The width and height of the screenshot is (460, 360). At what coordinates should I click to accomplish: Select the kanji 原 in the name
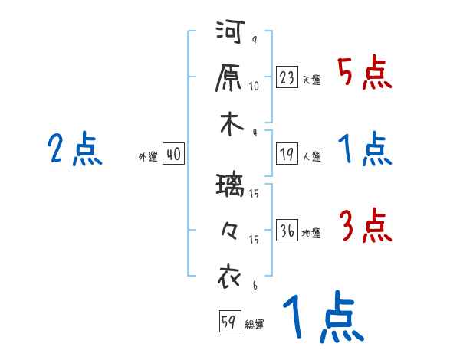coord(228,77)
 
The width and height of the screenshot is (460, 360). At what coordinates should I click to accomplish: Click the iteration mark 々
coord(228,229)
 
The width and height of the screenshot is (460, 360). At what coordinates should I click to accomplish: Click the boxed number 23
coord(287,77)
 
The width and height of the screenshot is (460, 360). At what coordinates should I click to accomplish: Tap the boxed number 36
coord(287,231)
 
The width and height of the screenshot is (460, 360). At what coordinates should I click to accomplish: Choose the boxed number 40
coord(173,155)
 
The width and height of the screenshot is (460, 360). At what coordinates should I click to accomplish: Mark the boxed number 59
coord(228,322)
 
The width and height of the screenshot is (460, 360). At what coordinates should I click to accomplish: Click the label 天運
coord(311,80)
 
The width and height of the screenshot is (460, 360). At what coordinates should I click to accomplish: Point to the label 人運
coord(311,157)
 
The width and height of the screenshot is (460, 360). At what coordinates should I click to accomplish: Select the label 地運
coord(311,234)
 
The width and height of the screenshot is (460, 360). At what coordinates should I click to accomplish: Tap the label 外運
coord(148,157)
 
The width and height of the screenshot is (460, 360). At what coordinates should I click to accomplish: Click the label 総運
coord(254,325)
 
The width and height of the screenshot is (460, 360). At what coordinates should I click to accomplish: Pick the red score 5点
coord(364,74)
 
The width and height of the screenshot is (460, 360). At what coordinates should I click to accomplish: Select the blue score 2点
coord(75,149)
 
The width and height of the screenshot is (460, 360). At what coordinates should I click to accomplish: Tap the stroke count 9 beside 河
coord(254,41)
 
